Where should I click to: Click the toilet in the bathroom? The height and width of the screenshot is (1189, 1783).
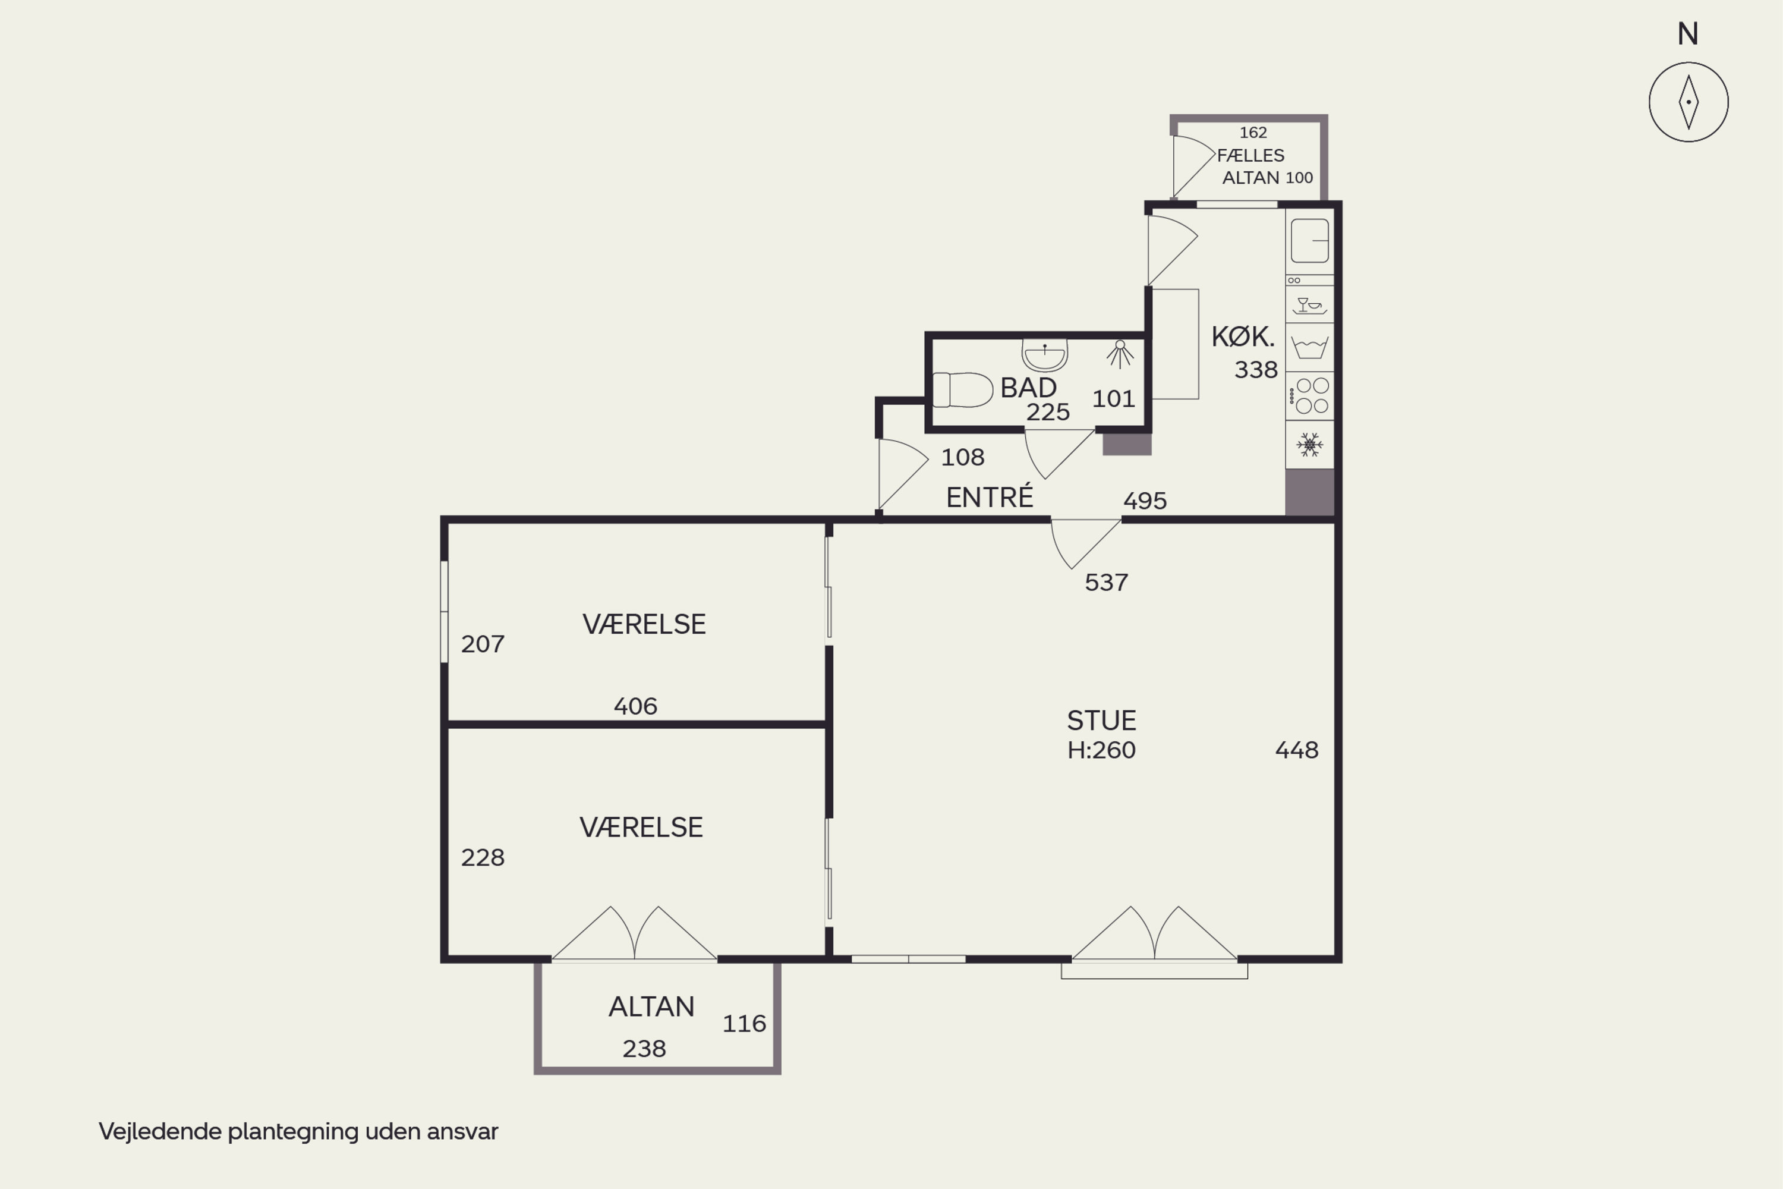(962, 390)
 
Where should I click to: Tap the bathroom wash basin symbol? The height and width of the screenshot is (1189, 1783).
(1045, 354)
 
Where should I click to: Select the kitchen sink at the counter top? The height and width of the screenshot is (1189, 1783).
(1309, 240)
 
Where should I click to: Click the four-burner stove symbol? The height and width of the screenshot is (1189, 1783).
(1310, 396)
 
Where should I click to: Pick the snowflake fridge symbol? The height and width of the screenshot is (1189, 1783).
(1309, 444)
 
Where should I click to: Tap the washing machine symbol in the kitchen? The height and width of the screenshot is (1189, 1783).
(1309, 347)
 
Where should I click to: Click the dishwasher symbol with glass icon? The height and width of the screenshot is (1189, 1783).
(1309, 306)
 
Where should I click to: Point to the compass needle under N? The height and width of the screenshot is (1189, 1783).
(1689, 102)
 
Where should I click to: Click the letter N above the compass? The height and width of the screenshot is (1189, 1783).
(1687, 33)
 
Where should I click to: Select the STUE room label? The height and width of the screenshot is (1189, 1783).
(1101, 719)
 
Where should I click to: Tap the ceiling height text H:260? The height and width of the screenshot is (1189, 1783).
(1101, 750)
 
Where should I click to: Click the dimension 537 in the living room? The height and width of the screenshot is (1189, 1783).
(1106, 583)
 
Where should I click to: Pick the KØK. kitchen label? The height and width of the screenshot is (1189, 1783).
(1243, 336)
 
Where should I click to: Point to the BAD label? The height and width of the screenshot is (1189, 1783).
(1028, 388)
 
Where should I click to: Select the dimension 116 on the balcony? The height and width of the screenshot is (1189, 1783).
(744, 1024)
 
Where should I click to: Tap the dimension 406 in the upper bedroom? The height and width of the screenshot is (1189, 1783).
(635, 706)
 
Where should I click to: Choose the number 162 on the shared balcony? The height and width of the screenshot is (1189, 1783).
(1253, 133)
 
